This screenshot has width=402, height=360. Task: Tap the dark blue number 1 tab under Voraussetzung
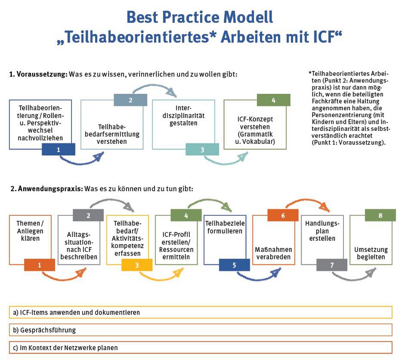coord(59,150)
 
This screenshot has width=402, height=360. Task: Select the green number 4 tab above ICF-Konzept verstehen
coord(274,100)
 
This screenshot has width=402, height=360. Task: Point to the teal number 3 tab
coord(202,150)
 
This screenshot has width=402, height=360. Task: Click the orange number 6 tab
coord(283,215)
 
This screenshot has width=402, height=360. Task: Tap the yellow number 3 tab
coord(137,265)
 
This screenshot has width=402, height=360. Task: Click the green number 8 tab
coord(380,215)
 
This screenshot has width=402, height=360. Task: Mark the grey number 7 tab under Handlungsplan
coord(332,265)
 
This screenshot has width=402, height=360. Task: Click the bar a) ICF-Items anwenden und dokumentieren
coord(201,312)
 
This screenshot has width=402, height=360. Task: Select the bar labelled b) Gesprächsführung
coord(201,330)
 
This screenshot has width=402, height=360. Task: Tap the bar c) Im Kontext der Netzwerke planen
coord(201,347)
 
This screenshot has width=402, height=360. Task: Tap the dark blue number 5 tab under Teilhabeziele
coord(234,265)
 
